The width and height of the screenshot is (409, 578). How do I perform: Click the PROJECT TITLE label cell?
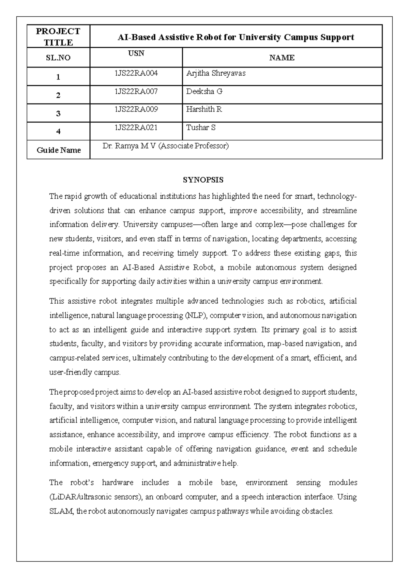click(x=58, y=37)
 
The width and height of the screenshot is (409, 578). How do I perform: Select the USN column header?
click(x=136, y=53)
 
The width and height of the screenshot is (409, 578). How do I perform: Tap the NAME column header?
click(x=282, y=58)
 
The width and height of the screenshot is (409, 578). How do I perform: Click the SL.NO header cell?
click(x=58, y=58)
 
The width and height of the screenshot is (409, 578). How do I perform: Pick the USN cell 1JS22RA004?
click(x=136, y=73)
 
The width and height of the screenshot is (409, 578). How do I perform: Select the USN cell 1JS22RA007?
click(x=136, y=91)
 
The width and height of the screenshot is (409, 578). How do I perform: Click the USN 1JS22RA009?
click(x=136, y=109)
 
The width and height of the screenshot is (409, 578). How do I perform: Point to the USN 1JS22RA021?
click(x=136, y=128)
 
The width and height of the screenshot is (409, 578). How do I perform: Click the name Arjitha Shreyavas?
click(x=216, y=73)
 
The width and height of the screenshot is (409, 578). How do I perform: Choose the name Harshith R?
click(x=204, y=109)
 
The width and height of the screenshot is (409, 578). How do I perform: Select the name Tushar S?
click(x=201, y=128)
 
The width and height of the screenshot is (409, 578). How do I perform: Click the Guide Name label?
click(x=59, y=150)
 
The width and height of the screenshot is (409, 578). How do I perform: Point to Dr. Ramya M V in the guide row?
click(x=130, y=146)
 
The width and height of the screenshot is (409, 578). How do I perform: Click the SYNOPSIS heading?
click(x=203, y=180)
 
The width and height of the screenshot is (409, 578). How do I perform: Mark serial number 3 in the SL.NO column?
click(x=58, y=113)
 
